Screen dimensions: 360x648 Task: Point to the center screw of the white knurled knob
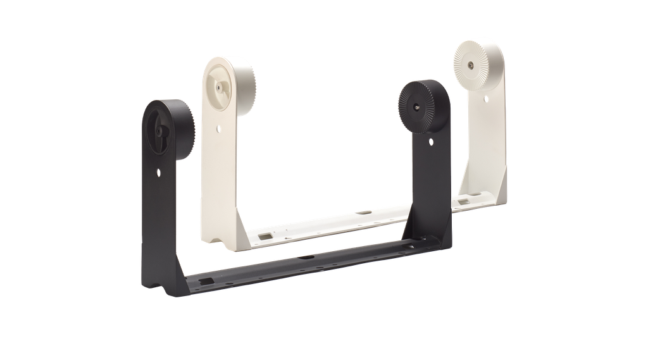click(471, 64)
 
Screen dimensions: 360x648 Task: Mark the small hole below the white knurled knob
click(486, 97)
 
